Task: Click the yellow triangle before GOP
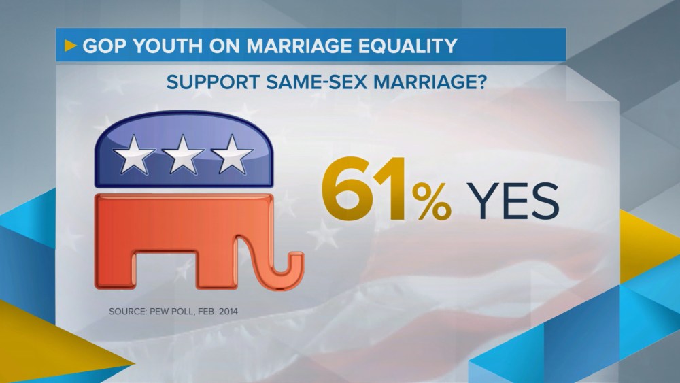[x=70, y=45]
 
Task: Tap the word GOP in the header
[x=104, y=46]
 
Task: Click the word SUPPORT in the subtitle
[x=213, y=82]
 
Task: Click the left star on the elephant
[x=133, y=154]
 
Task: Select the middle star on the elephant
[x=182, y=154]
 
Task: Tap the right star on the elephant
[x=232, y=154]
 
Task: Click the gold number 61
[x=364, y=189]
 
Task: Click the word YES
[x=513, y=201]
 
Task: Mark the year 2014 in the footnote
[x=228, y=312]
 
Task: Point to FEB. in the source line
[x=207, y=312]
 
